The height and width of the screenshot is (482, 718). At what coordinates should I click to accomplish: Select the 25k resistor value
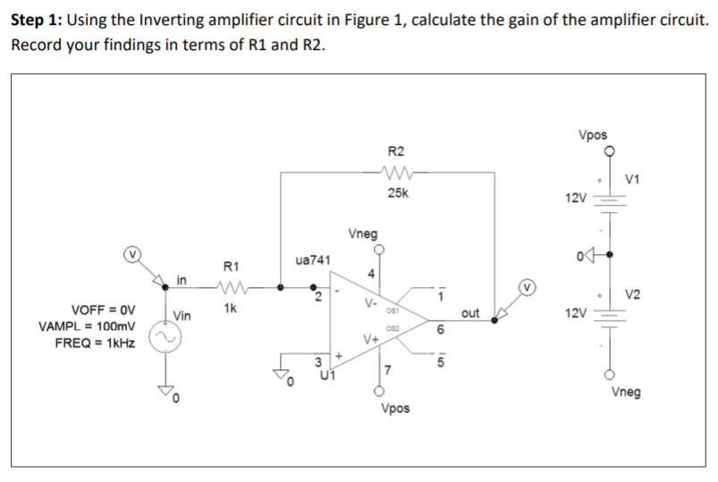point(395,193)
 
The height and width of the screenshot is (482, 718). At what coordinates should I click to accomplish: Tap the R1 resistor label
point(230,266)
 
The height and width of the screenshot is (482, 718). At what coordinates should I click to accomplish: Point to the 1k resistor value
point(230,309)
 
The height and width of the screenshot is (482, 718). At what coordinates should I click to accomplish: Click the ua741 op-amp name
point(313,260)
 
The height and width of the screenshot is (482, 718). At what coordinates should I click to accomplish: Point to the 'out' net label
point(470,313)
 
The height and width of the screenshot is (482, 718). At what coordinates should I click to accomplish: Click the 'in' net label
point(182,280)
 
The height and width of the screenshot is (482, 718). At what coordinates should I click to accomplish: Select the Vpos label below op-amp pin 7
point(395,408)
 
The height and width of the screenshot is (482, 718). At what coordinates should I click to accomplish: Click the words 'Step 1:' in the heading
point(36,20)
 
